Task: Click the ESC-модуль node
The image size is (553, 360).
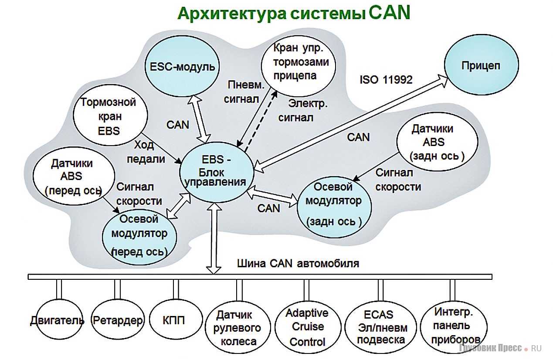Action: [182, 66]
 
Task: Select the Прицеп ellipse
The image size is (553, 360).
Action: [481, 66]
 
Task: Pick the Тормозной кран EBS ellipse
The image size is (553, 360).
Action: [108, 116]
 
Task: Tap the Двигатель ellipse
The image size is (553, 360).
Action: [57, 321]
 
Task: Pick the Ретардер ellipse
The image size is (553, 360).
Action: [118, 321]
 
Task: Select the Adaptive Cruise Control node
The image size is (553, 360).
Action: [307, 327]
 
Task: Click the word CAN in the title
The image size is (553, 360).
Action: [390, 13]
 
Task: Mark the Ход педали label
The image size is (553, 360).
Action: [146, 151]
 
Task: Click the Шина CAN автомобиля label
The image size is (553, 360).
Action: [298, 264]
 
